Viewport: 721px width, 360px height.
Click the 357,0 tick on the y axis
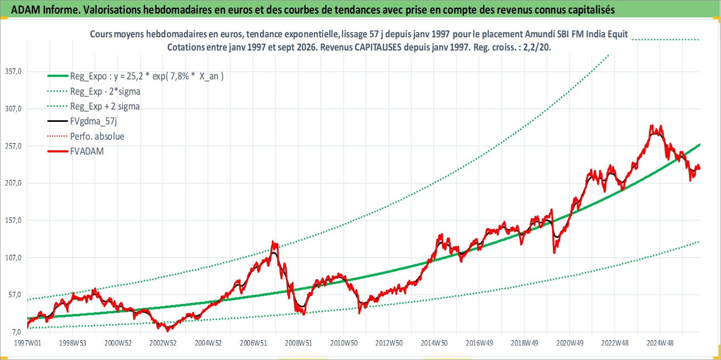[x=13, y=71]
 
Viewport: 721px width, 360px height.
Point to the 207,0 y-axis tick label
[x=13, y=183]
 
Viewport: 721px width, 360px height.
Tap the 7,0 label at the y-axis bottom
[x=16, y=332]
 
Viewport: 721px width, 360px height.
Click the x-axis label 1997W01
[x=28, y=343]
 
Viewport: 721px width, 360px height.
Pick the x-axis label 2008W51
[x=299, y=343]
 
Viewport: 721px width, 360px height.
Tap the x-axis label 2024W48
[x=660, y=343]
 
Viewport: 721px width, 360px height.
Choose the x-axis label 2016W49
[x=479, y=343]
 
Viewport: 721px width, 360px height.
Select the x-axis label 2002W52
[x=163, y=343]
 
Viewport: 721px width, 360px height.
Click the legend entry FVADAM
[x=87, y=151]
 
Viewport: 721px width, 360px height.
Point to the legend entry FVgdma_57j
[x=93, y=121]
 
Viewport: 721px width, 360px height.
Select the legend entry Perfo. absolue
[x=97, y=136]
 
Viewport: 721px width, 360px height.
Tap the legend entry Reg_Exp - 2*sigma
[x=105, y=91]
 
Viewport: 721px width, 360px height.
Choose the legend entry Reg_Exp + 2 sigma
[x=105, y=107]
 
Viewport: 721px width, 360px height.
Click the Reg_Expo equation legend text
[x=147, y=76]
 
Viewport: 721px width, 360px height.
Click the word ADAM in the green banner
[x=25, y=10]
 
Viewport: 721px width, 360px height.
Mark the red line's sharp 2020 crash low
[x=554, y=253]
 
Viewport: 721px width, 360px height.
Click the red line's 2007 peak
[x=273, y=241]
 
